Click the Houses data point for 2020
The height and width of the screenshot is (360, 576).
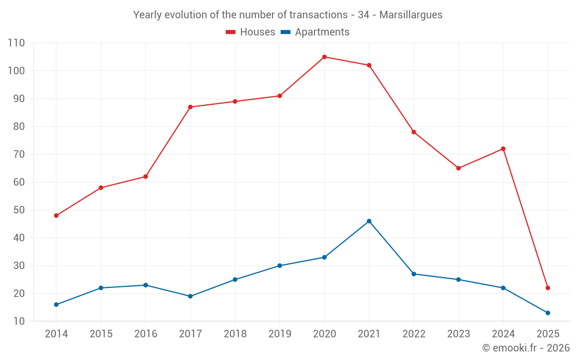coord(324,57)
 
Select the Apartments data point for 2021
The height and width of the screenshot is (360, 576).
coord(369,221)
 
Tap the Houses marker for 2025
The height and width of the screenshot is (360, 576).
coord(548,288)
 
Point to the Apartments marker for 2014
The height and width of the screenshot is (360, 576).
coord(56,305)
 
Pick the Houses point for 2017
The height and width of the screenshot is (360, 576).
coord(190,107)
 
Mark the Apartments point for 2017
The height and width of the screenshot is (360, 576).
coord(190,297)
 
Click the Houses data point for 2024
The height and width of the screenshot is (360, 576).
coord(503,149)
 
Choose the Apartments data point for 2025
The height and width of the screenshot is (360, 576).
coord(548,313)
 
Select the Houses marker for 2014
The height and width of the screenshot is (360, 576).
coord(56,215)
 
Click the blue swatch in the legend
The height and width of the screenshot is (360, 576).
coord(285,32)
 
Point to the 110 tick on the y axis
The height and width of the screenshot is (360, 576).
coord(16,43)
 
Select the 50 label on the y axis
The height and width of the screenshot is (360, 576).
coord(18,210)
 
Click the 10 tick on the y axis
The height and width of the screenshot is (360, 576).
coord(18,321)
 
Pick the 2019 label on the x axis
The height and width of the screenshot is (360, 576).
coord(279,334)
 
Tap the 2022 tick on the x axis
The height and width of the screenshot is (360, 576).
coord(414,334)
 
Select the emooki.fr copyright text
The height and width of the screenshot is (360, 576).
coord(525,348)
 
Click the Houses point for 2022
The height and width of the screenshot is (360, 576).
coord(414,132)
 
